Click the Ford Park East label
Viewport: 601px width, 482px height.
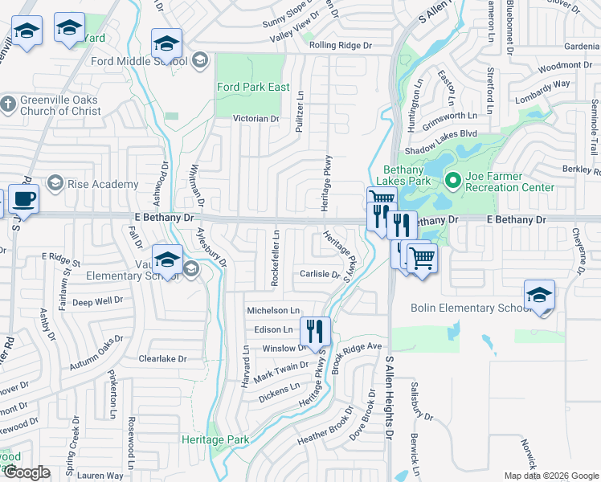pos(252,87)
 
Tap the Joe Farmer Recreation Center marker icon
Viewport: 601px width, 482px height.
pos(452,182)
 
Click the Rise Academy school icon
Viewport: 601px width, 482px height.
pos(55,184)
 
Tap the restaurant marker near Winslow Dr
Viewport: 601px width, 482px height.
pos(314,330)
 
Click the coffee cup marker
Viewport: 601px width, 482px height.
pos(23,198)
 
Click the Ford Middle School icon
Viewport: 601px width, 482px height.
pos(200,60)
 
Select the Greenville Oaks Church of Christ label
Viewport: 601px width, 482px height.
pos(60,106)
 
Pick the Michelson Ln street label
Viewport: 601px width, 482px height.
pos(272,310)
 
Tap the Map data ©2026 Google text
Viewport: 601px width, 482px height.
pos(550,476)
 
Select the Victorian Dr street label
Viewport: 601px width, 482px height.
pos(256,118)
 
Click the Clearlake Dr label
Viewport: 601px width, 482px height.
pos(162,359)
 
